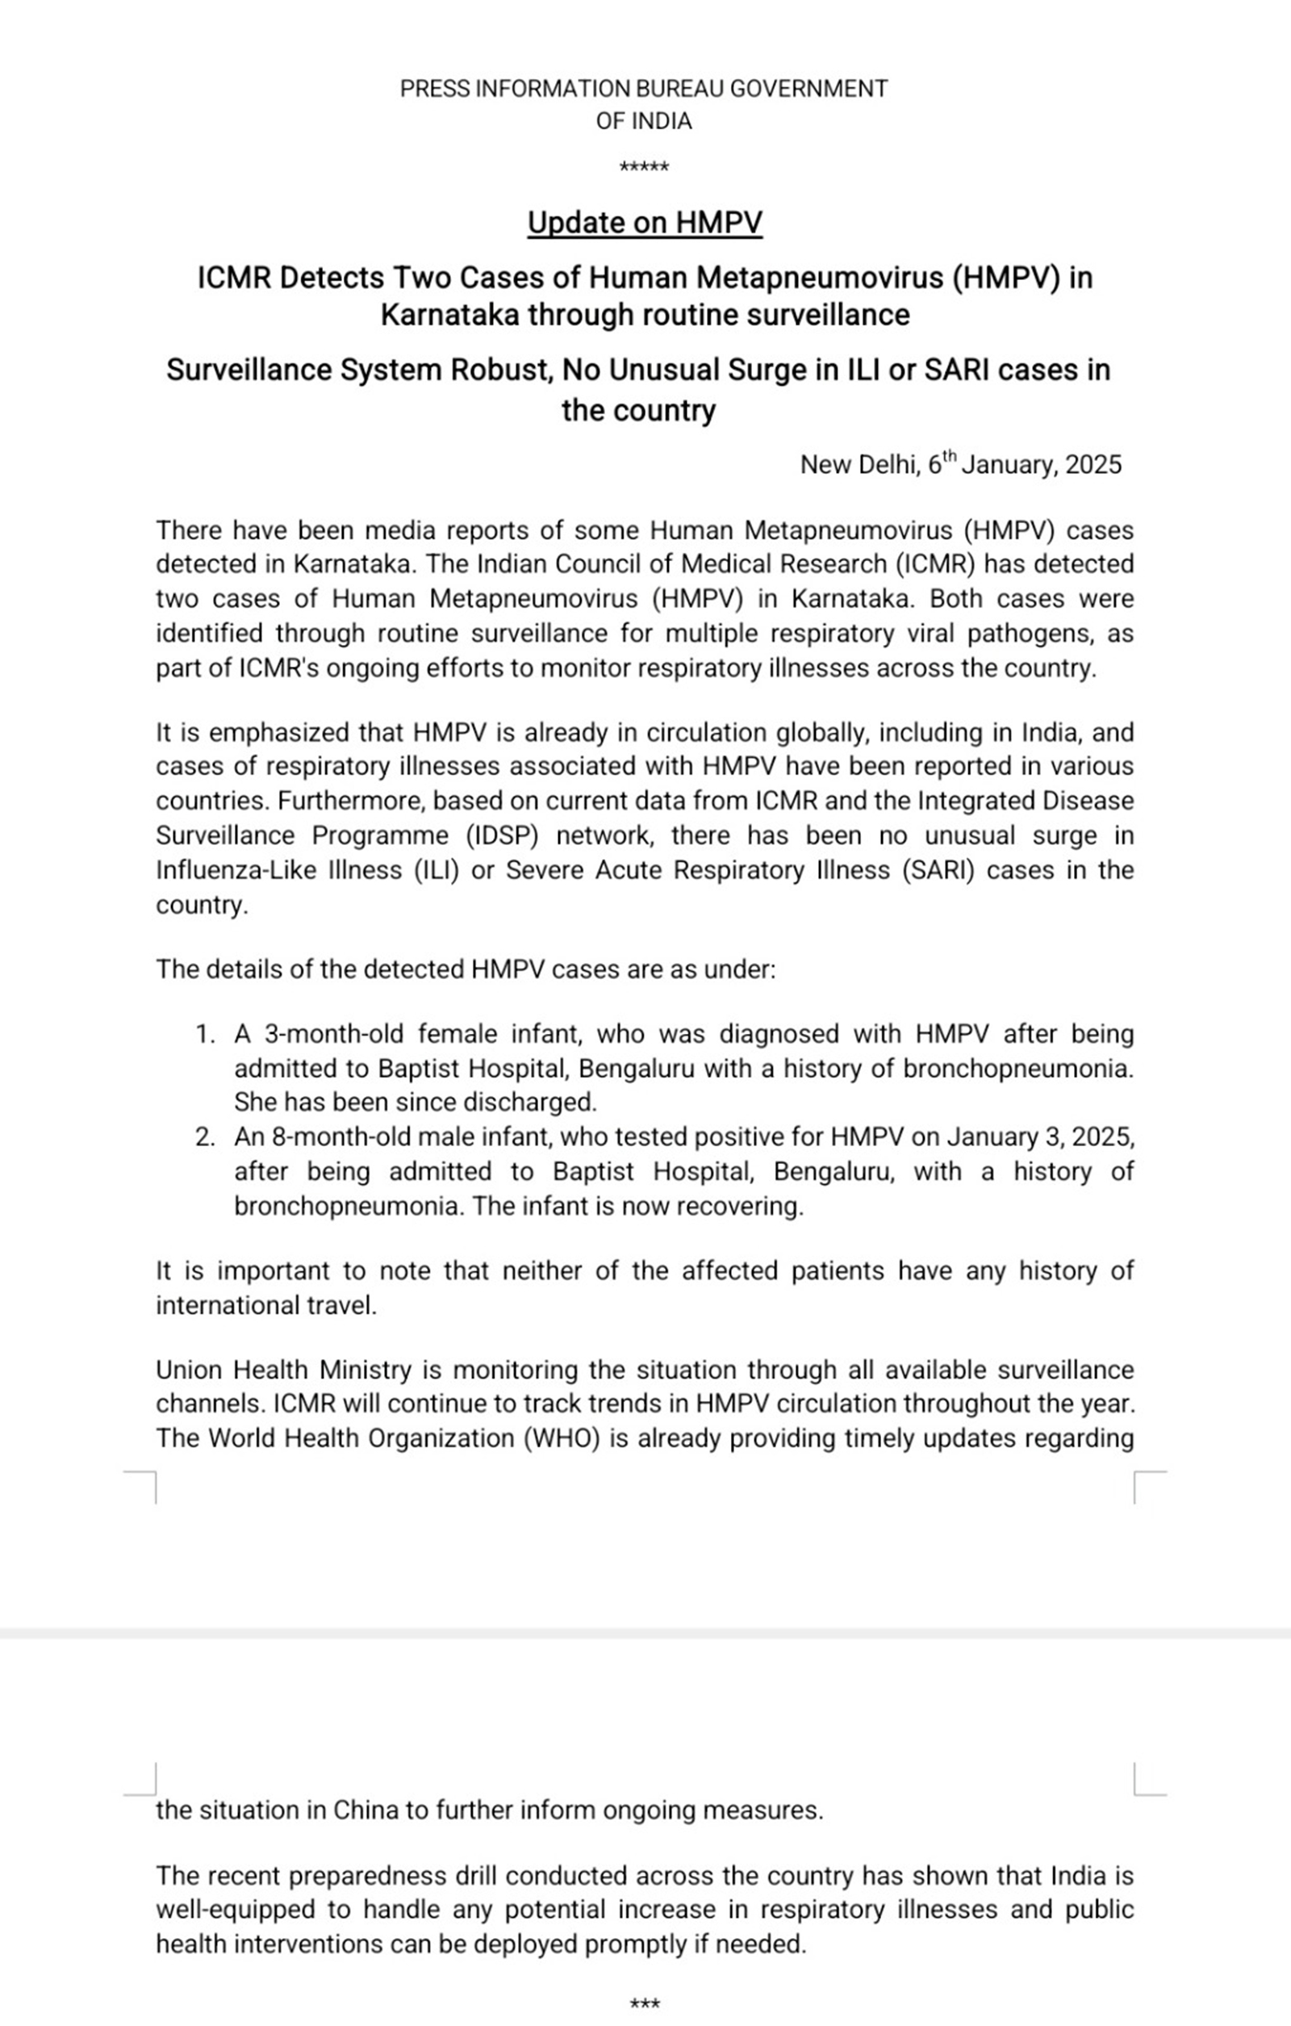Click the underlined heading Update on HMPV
tap(644, 223)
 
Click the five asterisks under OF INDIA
tap(644, 167)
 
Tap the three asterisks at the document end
tap(644, 2004)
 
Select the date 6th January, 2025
tap(1025, 464)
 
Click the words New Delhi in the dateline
tap(859, 464)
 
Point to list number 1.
tap(205, 1034)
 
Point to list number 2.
tap(205, 1137)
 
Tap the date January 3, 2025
tap(1039, 1137)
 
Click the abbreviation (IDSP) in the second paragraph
tap(501, 835)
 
